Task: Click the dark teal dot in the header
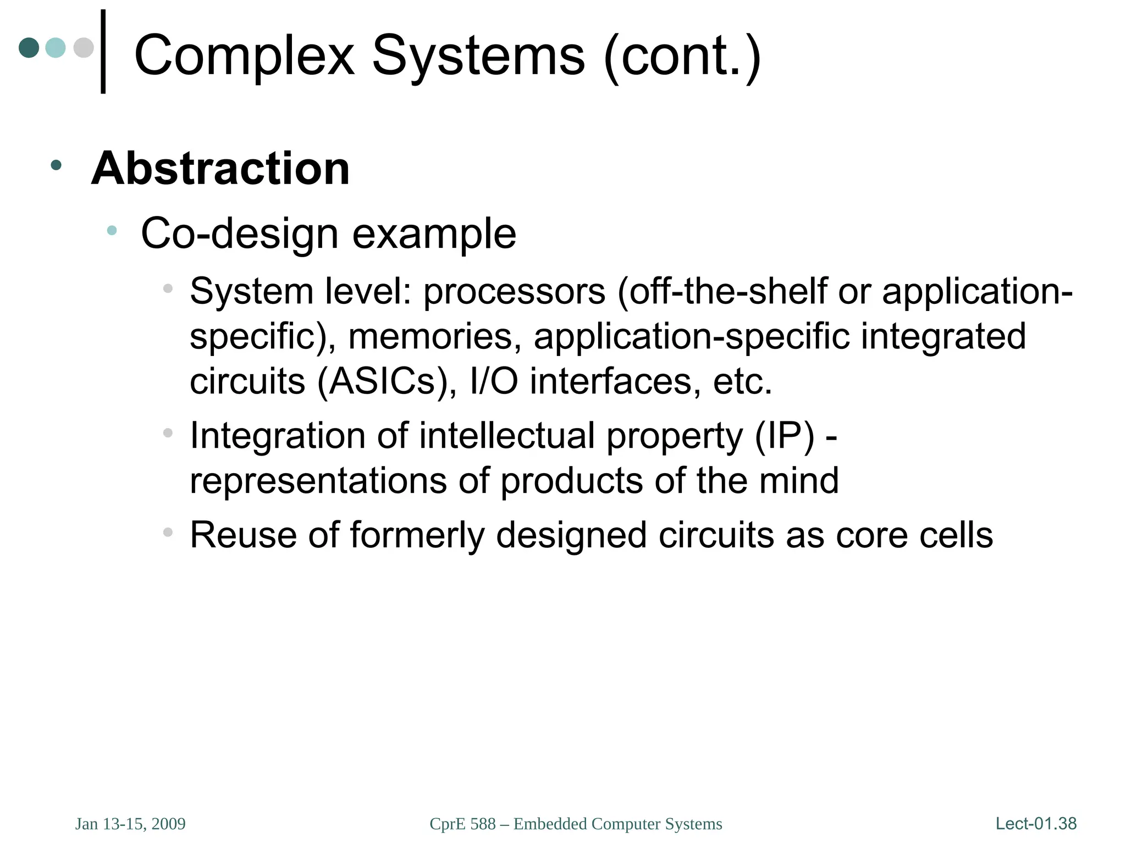tap(29, 48)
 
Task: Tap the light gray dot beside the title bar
tap(84, 48)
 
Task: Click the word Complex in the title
tap(245, 56)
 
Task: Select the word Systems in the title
tap(478, 56)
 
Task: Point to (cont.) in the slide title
tap(682, 56)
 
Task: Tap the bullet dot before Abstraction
tap(56, 164)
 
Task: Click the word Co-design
tap(239, 234)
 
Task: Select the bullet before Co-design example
tap(112, 231)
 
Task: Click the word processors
tap(514, 291)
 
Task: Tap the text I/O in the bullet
tap(494, 381)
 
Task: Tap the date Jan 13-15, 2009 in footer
tap(130, 824)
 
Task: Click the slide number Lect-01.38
tap(1036, 824)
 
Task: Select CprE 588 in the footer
tap(462, 824)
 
